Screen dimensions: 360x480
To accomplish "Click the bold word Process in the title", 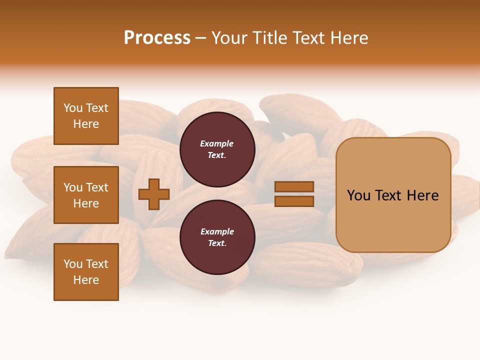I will click(157, 38).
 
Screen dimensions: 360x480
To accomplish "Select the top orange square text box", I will click(86, 116).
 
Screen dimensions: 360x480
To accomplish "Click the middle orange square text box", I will click(86, 195).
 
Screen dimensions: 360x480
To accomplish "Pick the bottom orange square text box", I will click(86, 272).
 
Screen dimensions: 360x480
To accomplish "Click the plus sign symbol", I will click(154, 194).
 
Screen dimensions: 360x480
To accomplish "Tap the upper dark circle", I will click(217, 149).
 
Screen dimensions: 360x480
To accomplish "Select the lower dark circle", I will click(217, 237).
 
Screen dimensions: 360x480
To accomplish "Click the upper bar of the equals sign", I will click(294, 187).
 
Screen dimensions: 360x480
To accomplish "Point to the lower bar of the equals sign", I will click(294, 201).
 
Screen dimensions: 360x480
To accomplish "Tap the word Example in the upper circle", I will click(217, 143).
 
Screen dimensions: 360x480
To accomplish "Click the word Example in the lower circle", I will click(217, 231).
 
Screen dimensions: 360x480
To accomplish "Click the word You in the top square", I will click(73, 108).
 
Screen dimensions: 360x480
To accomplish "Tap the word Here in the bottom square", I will click(86, 280).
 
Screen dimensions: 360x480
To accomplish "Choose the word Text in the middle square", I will click(97, 187).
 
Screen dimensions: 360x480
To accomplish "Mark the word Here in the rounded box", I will click(423, 195).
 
